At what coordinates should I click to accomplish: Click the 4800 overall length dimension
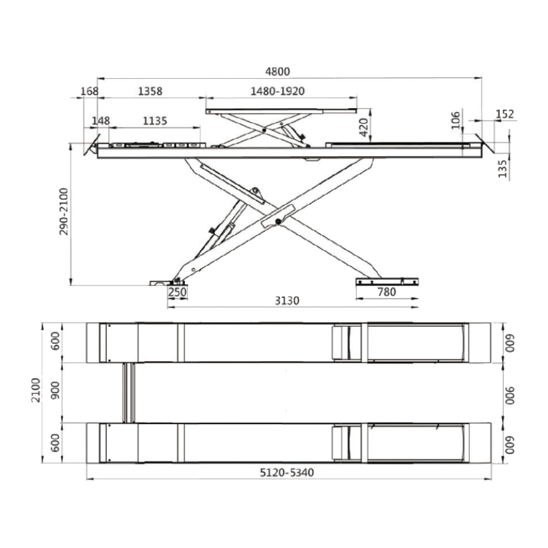(x=277, y=71)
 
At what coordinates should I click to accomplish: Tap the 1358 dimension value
(x=150, y=91)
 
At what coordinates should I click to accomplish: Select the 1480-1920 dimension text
(x=277, y=91)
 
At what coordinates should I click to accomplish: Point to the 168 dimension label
(x=90, y=91)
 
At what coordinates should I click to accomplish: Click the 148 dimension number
(x=101, y=121)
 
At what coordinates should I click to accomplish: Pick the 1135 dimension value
(x=155, y=121)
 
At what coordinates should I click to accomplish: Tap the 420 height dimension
(x=364, y=127)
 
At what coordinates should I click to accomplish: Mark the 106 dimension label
(x=456, y=121)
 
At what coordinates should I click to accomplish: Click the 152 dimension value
(x=505, y=114)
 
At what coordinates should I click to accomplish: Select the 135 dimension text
(x=502, y=169)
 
